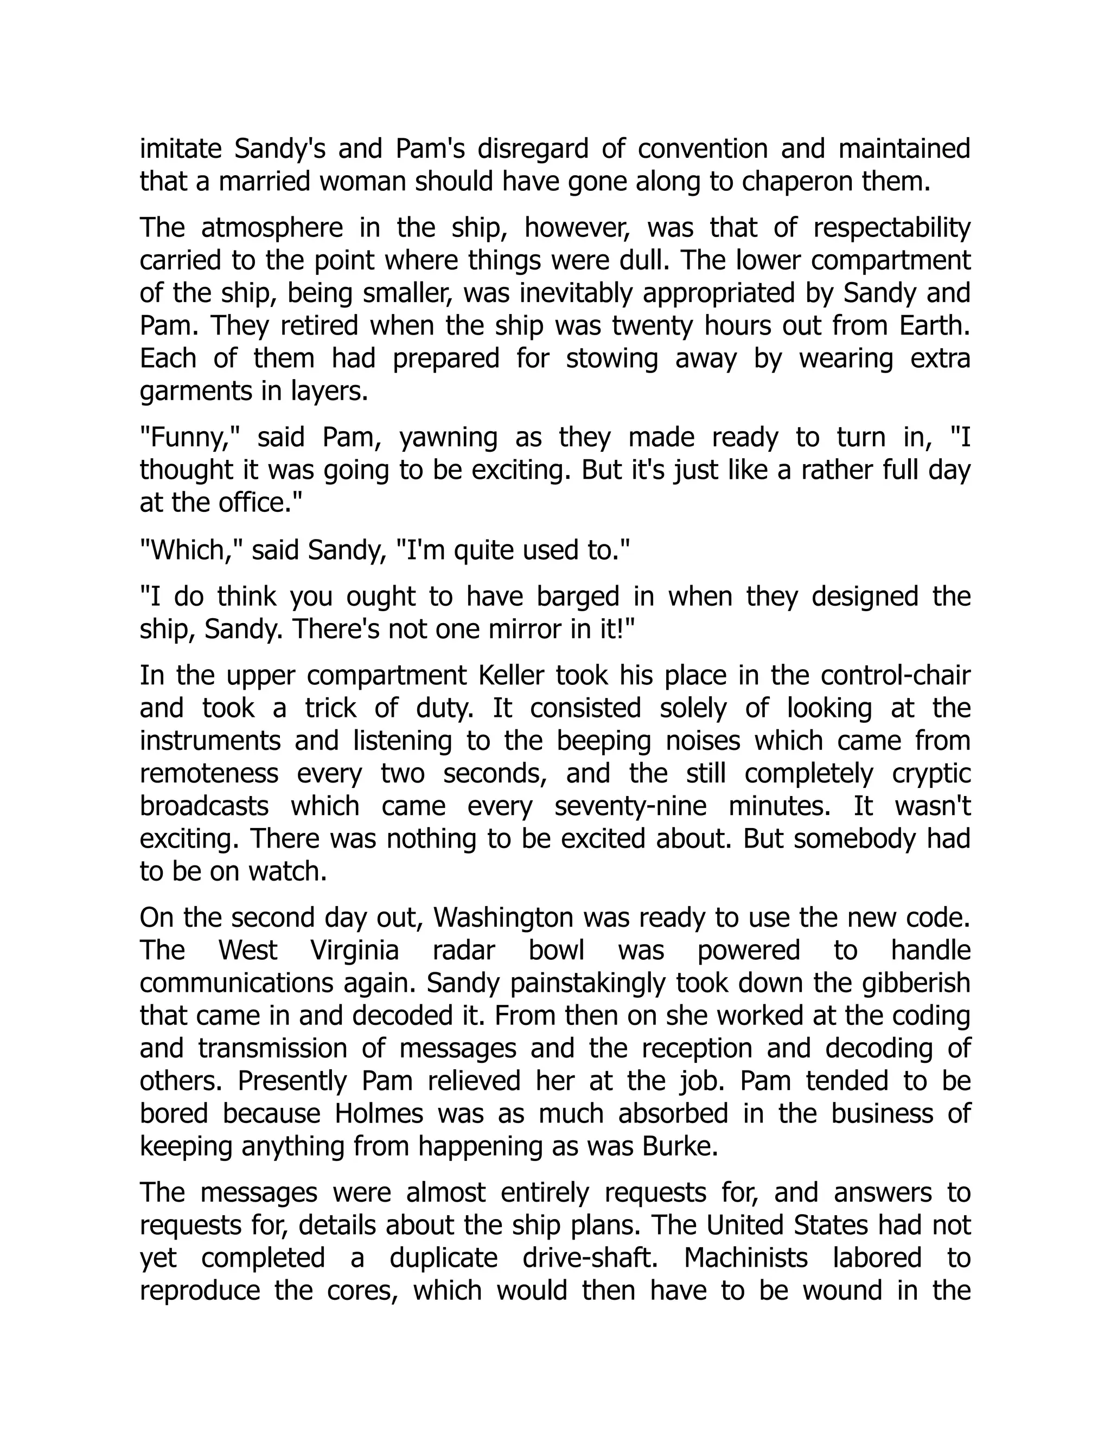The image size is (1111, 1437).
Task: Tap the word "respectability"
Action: pyautogui.click(x=892, y=228)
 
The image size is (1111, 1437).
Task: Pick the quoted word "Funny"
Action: pyautogui.click(x=190, y=438)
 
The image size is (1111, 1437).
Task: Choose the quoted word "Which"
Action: pyautogui.click(x=191, y=550)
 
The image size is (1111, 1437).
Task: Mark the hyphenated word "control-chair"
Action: pyautogui.click(x=896, y=676)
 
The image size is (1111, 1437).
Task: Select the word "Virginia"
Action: pyautogui.click(x=355, y=951)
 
